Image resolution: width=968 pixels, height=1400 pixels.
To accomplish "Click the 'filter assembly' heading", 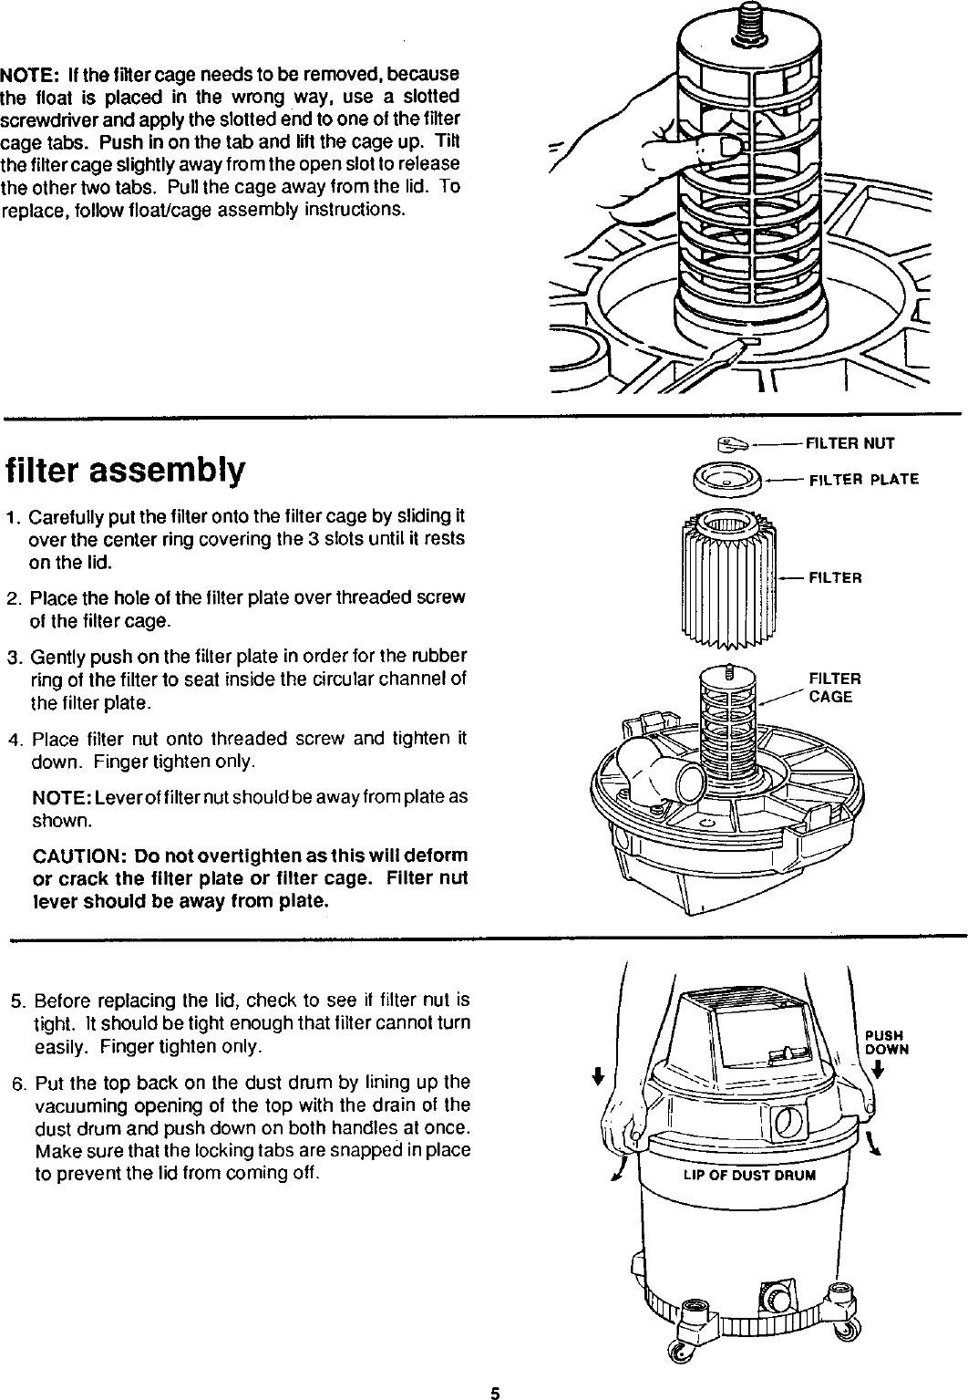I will click(126, 471).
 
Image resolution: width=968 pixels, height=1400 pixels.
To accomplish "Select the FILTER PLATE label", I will click(863, 480).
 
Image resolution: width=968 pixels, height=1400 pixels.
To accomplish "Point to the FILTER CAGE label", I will click(833, 688).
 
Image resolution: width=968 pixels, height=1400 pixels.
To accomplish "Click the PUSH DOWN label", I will click(884, 1042).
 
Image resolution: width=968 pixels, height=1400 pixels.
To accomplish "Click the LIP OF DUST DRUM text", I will click(749, 1175).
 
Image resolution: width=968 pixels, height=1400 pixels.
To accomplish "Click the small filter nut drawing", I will click(731, 444).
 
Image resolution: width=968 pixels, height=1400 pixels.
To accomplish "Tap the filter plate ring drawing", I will click(727, 478).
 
